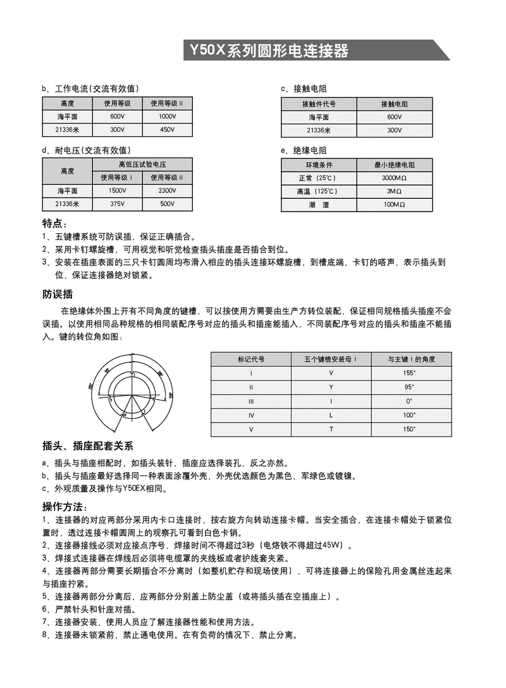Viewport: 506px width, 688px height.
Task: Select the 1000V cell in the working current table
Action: tap(167, 117)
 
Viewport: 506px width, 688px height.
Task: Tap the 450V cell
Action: tap(167, 130)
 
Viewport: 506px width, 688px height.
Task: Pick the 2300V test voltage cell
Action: tap(167, 191)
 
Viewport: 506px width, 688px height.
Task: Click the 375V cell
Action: tap(118, 204)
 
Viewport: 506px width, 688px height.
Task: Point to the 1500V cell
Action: tap(118, 191)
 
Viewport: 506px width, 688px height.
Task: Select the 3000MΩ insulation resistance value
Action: tap(395, 178)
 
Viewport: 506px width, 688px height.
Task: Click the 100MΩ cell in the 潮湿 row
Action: tap(395, 205)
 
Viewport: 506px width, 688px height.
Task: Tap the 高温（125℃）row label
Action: tap(319, 191)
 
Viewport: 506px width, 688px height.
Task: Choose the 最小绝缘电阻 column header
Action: tap(395, 165)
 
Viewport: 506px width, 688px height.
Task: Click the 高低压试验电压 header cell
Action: tap(142, 164)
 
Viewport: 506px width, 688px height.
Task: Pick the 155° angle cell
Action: tap(410, 373)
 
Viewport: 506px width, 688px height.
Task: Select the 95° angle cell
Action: tap(410, 387)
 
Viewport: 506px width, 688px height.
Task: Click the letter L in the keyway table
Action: tap(331, 415)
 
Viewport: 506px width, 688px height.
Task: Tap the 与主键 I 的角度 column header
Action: tap(410, 359)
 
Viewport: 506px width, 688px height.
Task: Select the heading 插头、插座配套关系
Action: tap(87, 447)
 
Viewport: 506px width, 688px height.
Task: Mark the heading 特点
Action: tap(54, 224)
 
